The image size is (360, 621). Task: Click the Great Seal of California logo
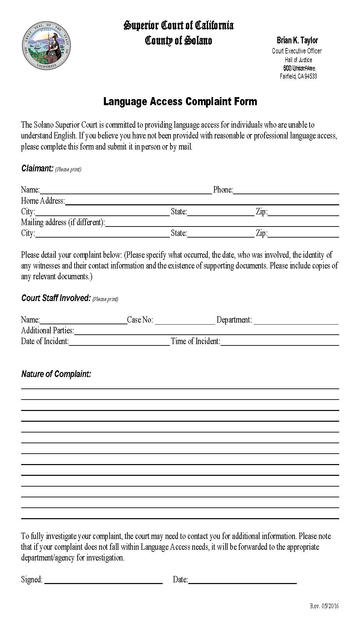[46, 46]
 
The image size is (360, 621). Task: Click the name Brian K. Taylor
[297, 40]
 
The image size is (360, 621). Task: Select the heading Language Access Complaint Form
[180, 101]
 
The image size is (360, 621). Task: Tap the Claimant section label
[37, 168]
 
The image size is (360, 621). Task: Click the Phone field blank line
[286, 191]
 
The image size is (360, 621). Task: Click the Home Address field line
[202, 201]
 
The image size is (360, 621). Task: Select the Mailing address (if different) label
[63, 222]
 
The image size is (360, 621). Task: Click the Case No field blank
[185, 321]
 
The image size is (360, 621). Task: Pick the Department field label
[234, 320]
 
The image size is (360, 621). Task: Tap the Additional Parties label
[47, 331]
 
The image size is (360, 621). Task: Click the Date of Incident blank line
[119, 342]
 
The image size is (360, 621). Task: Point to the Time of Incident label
[195, 341]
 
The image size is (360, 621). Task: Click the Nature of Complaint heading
[56, 374]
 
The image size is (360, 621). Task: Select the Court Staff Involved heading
[56, 298]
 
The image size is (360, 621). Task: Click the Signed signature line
[104, 580]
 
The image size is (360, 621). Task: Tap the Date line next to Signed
[242, 580]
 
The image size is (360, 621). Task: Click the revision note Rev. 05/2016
[324, 606]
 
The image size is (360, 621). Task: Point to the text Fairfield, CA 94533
[298, 76]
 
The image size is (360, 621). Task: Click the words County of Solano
[178, 41]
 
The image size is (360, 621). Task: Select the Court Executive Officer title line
[296, 51]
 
